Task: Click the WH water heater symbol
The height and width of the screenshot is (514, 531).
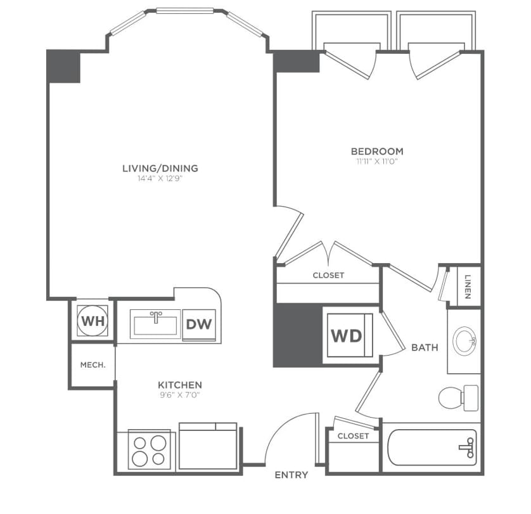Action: [x=93, y=321]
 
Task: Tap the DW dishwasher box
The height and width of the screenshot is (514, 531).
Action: [x=199, y=324]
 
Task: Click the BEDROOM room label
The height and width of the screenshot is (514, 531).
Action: [x=377, y=151]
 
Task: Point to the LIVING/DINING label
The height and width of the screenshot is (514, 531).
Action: [x=160, y=168]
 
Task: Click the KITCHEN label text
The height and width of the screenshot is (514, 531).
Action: [x=180, y=385]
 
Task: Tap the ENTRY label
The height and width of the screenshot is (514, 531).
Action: [x=291, y=475]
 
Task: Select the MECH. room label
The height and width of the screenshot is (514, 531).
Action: [x=93, y=365]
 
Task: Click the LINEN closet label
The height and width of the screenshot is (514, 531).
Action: [x=468, y=286]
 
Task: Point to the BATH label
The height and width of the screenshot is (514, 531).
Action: [x=425, y=347]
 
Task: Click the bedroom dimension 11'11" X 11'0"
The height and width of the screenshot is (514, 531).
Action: [x=376, y=161]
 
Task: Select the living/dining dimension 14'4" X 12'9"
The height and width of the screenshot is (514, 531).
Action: [x=160, y=178]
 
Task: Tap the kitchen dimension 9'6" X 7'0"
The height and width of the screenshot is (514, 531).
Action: [x=180, y=395]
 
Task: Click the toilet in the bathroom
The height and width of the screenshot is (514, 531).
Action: [x=458, y=398]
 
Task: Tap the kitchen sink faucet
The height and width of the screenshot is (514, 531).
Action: [x=156, y=317]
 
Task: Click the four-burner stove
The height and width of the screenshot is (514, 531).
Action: [x=149, y=449]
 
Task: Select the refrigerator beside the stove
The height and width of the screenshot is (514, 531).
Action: [x=208, y=446]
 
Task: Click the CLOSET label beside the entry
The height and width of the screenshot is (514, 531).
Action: [x=353, y=436]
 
